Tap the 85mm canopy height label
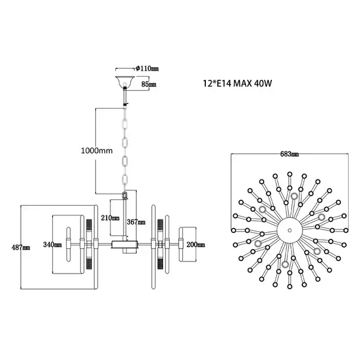(x=148, y=85)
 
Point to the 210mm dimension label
(x=110, y=218)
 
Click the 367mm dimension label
(x=136, y=221)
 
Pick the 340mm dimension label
(x=53, y=244)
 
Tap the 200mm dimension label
(x=196, y=244)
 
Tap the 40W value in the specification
(x=263, y=84)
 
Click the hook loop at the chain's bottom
(x=125, y=196)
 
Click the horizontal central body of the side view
(x=125, y=244)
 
